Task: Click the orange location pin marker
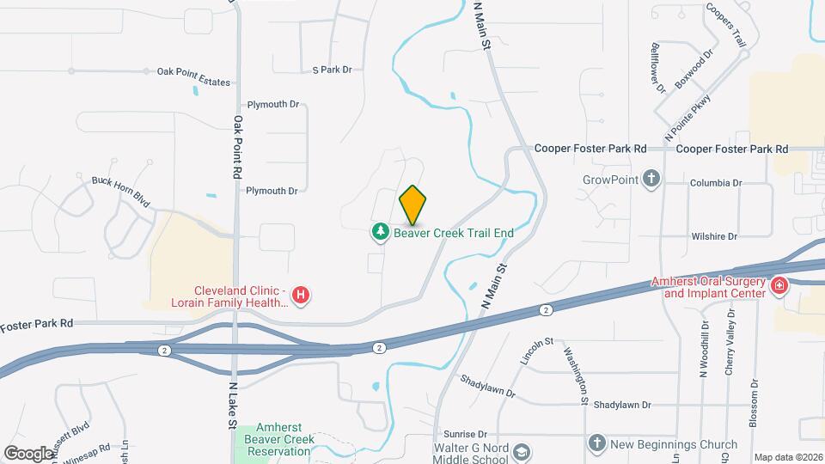tap(412, 205)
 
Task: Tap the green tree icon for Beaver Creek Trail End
tap(379, 232)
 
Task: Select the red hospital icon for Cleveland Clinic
tap(301, 296)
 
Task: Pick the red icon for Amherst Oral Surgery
tap(779, 285)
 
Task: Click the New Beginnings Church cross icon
tap(597, 443)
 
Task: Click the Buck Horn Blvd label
tap(121, 193)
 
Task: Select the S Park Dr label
tap(333, 70)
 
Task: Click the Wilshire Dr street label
tap(714, 236)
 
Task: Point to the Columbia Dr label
tap(716, 183)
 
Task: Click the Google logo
tap(28, 453)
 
